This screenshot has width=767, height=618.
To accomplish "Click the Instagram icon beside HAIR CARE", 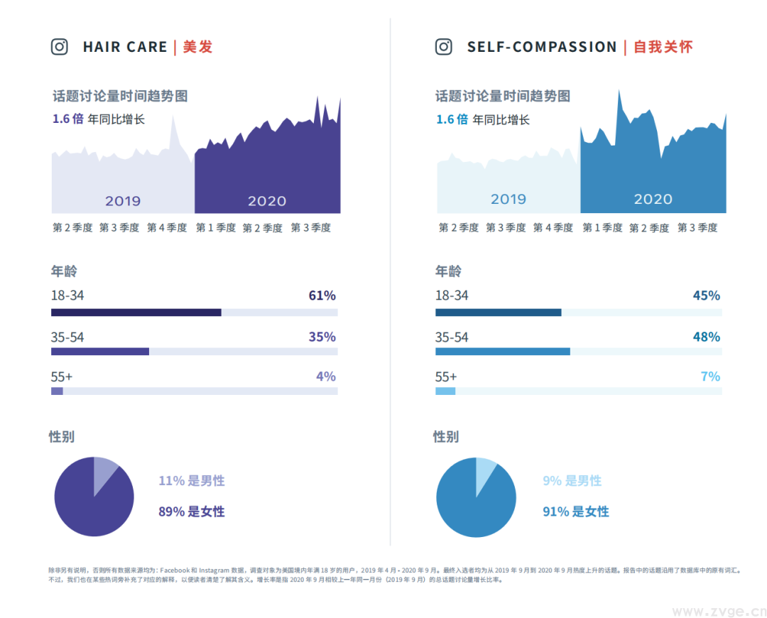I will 60,47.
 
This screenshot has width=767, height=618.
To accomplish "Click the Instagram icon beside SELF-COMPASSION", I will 444,47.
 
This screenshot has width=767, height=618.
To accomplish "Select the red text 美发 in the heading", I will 197,47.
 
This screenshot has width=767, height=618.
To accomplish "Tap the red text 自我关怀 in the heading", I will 663,47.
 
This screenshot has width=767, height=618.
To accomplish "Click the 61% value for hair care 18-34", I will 322,296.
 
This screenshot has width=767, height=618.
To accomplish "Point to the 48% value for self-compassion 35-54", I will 706,337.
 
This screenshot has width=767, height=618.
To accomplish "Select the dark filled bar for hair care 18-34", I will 136,312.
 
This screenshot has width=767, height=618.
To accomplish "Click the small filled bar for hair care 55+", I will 57,391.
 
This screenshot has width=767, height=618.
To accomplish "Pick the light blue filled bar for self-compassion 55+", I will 445,391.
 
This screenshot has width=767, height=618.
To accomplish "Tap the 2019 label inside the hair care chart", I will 123,201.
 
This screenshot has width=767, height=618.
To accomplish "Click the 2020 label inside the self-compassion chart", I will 653,200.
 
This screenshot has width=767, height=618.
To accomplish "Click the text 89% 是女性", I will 191,511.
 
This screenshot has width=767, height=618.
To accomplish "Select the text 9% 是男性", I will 572,481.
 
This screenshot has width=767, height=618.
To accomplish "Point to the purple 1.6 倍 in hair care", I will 67,119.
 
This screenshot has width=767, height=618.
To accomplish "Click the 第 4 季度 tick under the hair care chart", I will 167,228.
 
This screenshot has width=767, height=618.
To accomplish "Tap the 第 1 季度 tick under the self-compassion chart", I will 602,228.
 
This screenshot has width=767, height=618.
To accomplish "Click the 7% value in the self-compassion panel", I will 710,376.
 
